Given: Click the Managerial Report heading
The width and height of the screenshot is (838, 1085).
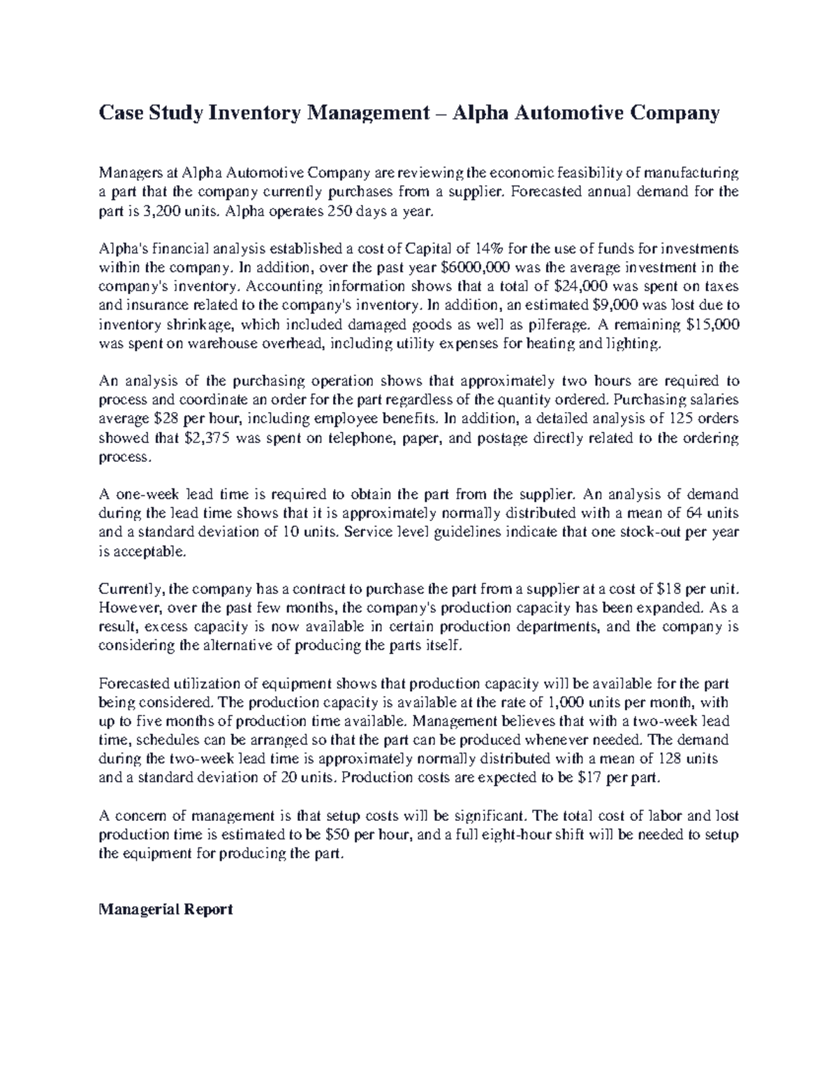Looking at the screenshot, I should tap(166, 910).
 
